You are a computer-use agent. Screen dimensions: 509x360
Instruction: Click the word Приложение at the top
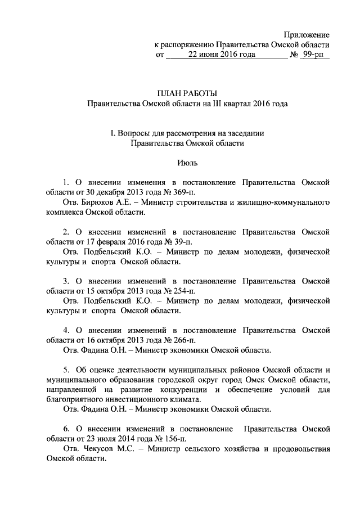click(307, 35)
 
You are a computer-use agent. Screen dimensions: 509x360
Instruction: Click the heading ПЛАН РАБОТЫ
click(186, 93)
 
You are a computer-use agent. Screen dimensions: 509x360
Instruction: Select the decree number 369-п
click(182, 193)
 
